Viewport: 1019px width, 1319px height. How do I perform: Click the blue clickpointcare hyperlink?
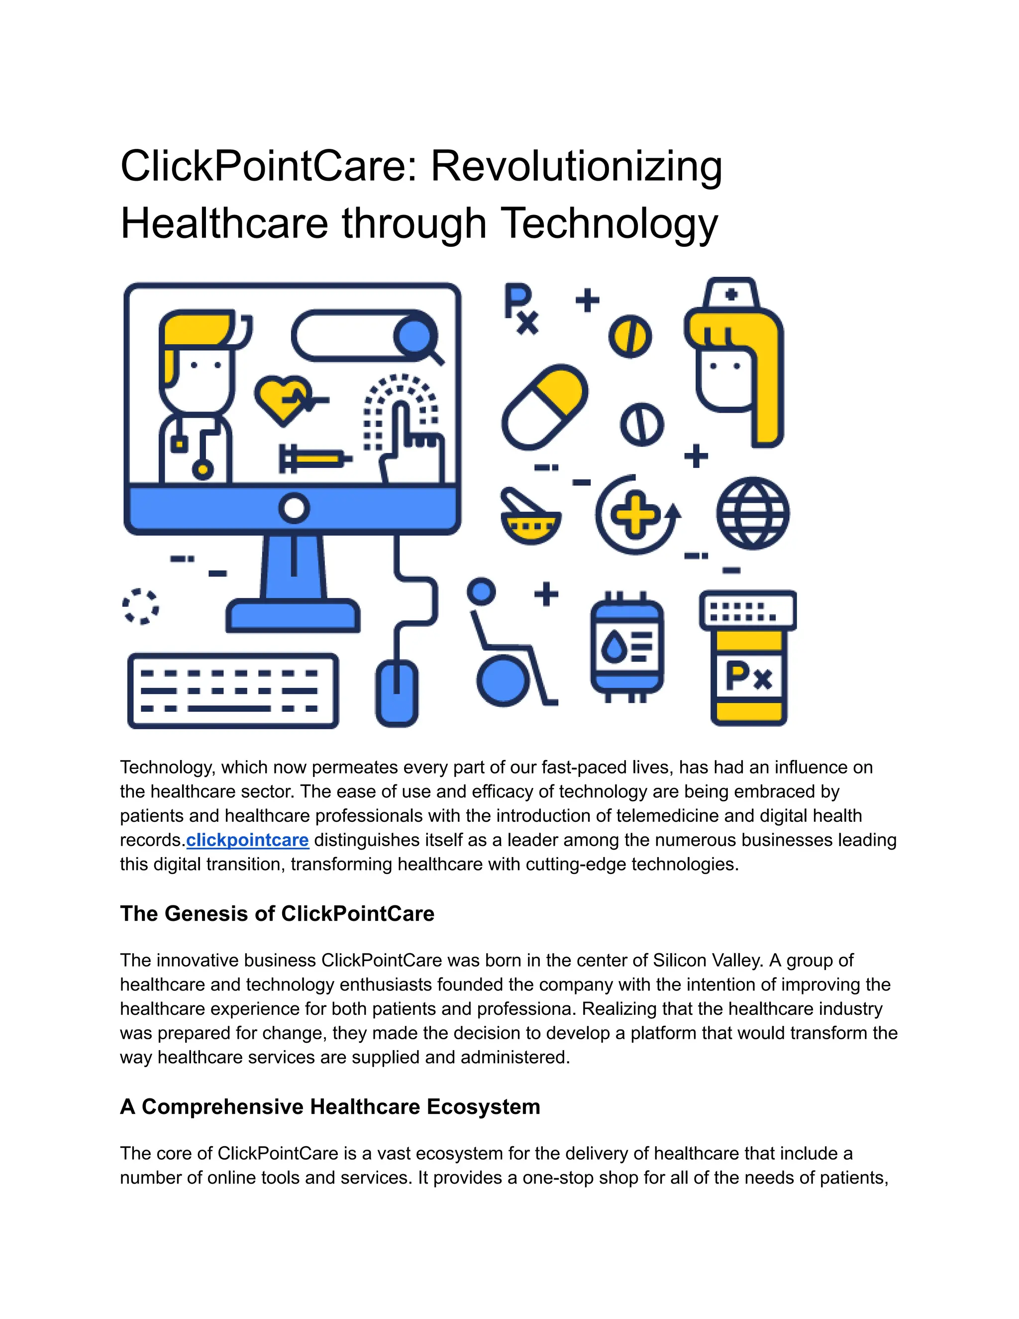247,840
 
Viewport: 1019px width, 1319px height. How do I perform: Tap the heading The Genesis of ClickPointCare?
277,914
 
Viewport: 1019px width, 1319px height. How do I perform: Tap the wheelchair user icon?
507,646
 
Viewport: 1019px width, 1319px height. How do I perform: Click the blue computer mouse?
397,693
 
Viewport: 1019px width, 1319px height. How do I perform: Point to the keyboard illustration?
233,691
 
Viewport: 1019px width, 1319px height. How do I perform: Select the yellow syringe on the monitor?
314,459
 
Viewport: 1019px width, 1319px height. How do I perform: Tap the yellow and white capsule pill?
544,407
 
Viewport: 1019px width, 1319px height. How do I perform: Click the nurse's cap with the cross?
731,294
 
